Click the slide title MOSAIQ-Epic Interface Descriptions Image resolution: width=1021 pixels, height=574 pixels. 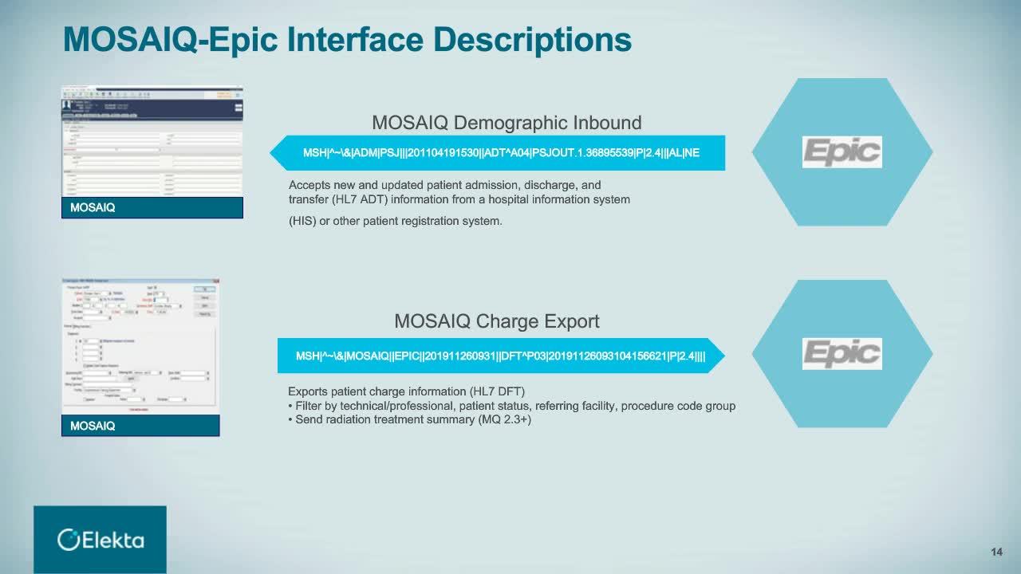pos(347,39)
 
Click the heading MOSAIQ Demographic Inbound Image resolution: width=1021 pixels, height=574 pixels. pos(507,123)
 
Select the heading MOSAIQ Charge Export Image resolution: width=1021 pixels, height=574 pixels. pos(496,321)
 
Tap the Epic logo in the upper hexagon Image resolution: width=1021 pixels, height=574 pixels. pos(842,151)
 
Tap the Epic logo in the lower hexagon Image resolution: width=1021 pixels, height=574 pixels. pos(842,353)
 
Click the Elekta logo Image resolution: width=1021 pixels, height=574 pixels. pos(101,540)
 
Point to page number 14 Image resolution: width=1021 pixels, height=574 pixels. pos(996,552)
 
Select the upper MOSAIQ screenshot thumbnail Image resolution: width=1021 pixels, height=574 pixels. pos(152,141)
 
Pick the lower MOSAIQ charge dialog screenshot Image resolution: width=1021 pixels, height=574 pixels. pos(140,346)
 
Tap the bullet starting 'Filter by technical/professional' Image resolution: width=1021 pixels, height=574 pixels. pos(510,406)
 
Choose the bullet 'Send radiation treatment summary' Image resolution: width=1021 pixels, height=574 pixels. pos(409,419)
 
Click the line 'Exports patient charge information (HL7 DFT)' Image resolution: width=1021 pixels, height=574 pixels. pos(406,391)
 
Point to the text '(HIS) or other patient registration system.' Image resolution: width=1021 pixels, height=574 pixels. pos(395,221)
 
